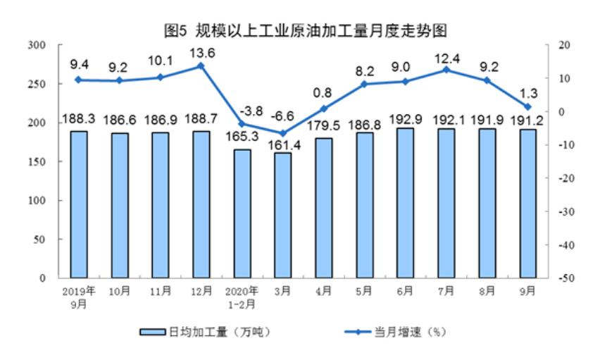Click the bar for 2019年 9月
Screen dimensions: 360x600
pyautogui.click(x=78, y=204)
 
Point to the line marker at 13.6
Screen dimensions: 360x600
pyautogui.click(x=201, y=66)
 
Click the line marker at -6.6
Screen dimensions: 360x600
pyautogui.click(x=282, y=133)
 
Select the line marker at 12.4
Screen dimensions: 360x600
pyautogui.click(x=446, y=70)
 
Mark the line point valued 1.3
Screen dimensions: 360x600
pyautogui.click(x=527, y=107)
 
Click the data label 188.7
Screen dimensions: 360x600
pyautogui.click(x=201, y=117)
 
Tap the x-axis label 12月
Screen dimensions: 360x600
pyautogui.click(x=201, y=289)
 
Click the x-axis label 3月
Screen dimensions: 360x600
pyautogui.click(x=282, y=289)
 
